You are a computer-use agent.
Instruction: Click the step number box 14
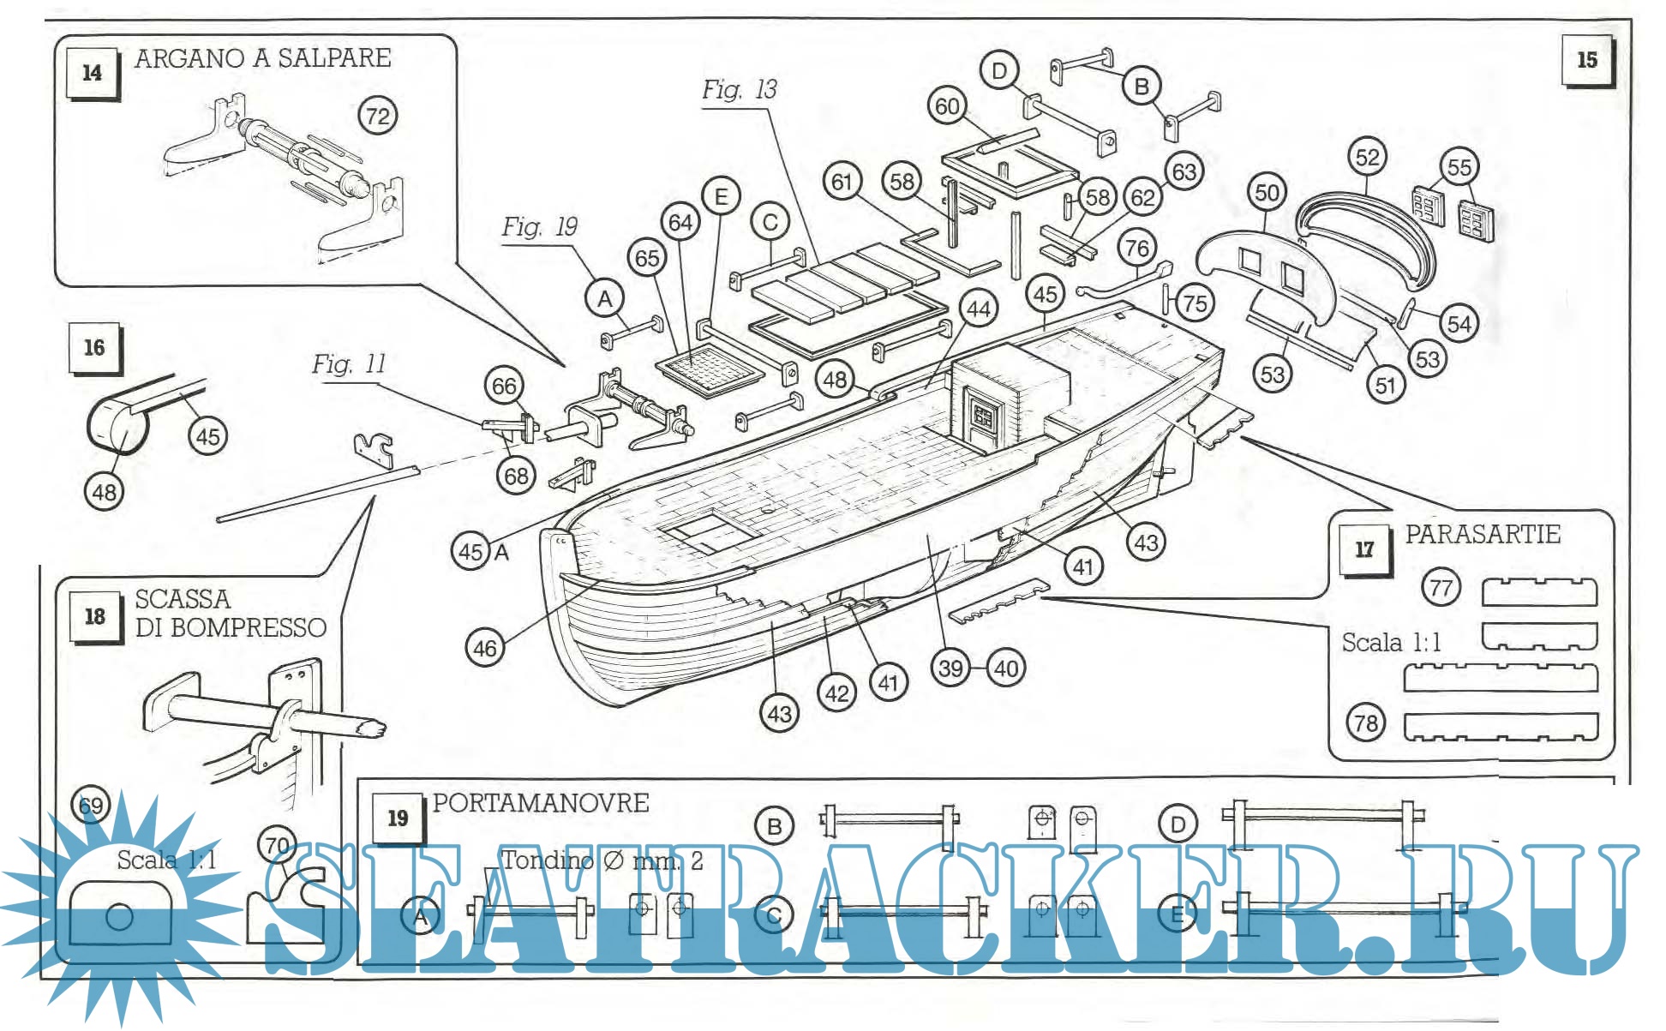tap(93, 73)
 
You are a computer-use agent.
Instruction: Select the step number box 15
tap(1586, 60)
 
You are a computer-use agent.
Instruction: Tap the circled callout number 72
tap(377, 116)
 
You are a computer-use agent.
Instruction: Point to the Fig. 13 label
tap(739, 89)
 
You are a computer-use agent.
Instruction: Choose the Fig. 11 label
tap(349, 364)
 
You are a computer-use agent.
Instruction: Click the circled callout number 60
tap(947, 106)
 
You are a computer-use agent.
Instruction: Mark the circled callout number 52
tap(1367, 157)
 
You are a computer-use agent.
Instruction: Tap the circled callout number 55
tap(1459, 167)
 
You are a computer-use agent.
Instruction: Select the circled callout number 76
tap(1136, 249)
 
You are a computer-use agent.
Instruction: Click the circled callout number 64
tap(680, 223)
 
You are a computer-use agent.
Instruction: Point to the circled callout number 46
tap(485, 648)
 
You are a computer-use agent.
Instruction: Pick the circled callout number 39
tap(950, 668)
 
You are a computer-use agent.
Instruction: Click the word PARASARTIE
tap(1483, 534)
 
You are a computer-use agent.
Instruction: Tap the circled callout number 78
tap(1365, 722)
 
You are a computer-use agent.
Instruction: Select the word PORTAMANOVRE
tap(541, 803)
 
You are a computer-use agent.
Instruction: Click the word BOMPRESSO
tap(249, 628)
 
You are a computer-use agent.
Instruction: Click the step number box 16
tap(94, 348)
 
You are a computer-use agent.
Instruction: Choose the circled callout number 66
tap(504, 387)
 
